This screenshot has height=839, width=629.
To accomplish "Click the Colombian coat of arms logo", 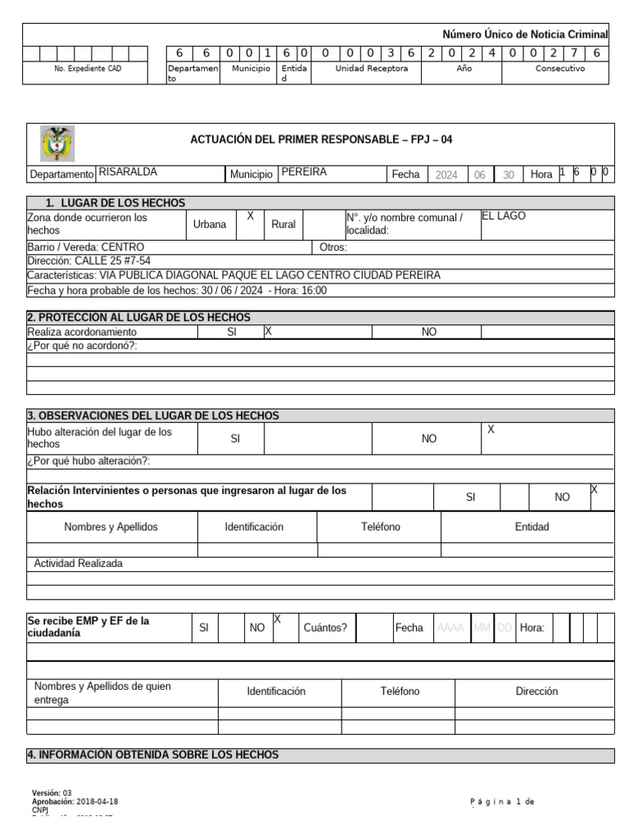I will point(57,143).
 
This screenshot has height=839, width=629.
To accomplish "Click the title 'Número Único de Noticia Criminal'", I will point(525,34).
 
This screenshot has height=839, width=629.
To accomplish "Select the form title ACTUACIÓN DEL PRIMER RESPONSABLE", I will point(321,139).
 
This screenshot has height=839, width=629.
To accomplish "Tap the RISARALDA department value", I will point(128,173).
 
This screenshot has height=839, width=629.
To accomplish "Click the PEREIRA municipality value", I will point(303,173).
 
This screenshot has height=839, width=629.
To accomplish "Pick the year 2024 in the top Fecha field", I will point(446,175).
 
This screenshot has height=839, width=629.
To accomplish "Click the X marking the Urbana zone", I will point(251,216).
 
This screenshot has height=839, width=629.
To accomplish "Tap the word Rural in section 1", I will point(283,224).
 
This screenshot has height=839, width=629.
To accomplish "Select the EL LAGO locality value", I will point(503,216).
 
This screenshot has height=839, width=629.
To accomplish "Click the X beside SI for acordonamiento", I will point(268,332).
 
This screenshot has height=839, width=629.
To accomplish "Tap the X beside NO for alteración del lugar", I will point(491,429).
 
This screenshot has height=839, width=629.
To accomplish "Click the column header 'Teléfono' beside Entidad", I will point(380,527).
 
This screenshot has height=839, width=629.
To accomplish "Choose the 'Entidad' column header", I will point(532,527).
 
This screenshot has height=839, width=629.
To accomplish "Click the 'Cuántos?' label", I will point(325,628).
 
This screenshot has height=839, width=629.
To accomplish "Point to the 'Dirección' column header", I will point(536,692).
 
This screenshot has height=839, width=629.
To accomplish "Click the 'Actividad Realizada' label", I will point(79,564).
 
